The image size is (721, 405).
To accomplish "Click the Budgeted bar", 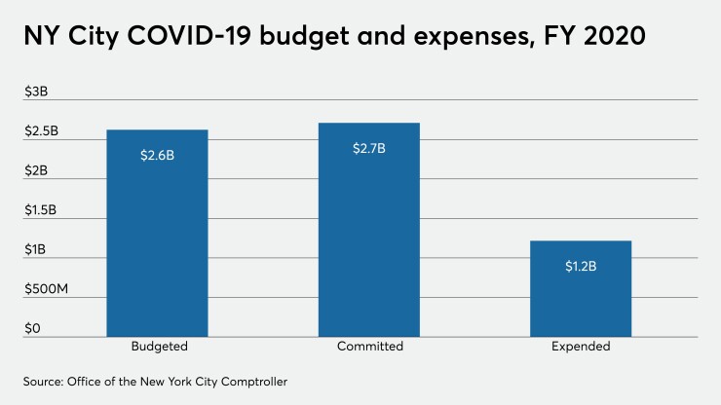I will tap(157, 234).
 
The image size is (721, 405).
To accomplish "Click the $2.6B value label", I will tap(157, 154).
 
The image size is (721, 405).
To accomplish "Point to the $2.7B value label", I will tap(369, 148).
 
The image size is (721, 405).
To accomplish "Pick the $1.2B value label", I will tap(581, 265).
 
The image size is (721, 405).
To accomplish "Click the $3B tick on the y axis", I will tap(35, 92).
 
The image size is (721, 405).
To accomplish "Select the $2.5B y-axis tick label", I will tap(42, 131).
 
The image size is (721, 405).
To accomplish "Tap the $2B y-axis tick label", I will tap(35, 171).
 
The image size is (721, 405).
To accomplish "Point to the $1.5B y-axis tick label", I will tap(42, 210).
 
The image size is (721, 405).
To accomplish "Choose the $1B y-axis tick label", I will tap(35, 250).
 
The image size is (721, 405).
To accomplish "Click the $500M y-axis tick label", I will tap(46, 290).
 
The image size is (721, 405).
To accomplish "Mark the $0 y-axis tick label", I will tap(32, 329).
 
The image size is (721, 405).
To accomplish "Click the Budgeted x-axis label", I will tap(158, 347).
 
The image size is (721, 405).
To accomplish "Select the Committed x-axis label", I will tap(369, 347).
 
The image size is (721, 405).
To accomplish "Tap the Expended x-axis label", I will tap(581, 347).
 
